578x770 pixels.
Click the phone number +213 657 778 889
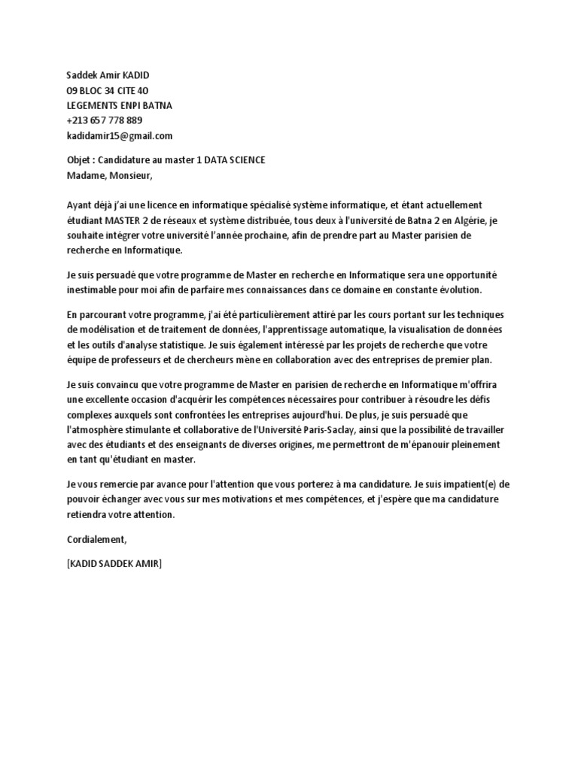[105, 120]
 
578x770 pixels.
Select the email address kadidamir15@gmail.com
[120, 135]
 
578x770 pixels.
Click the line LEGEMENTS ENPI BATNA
[119, 105]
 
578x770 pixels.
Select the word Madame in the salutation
[85, 176]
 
